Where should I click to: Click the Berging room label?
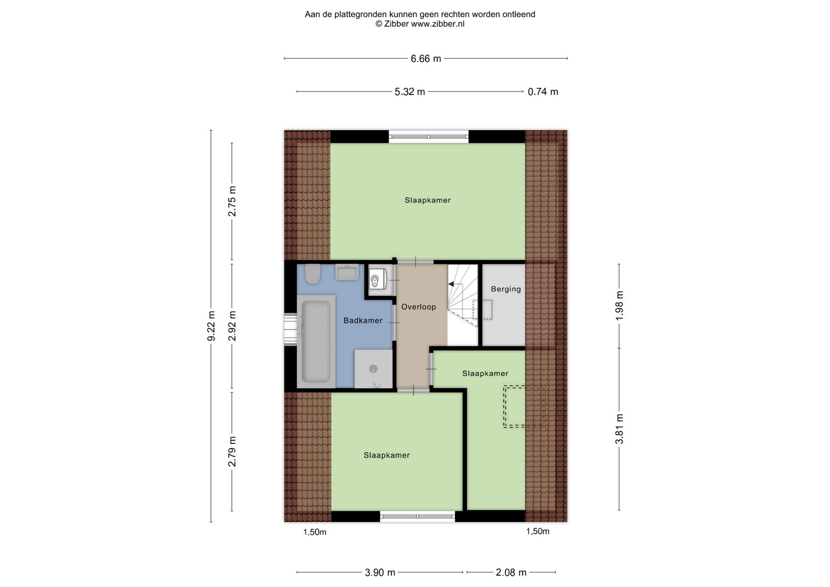(506, 289)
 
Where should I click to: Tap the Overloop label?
(418, 307)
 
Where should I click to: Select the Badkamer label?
(363, 320)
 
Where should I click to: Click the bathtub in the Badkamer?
(316, 341)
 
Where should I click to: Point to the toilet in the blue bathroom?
(313, 274)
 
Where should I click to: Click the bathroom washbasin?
(347, 272)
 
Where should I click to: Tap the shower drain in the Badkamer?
(373, 369)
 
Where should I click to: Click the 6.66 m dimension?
(426, 59)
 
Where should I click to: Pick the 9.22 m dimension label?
(211, 326)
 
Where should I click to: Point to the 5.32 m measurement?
(410, 92)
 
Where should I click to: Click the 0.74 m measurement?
(543, 92)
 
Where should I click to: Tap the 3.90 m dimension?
(380, 573)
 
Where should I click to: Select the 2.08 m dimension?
(511, 573)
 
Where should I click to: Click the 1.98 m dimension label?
(619, 306)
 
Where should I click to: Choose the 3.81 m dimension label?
(619, 429)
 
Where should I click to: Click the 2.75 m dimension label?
(232, 201)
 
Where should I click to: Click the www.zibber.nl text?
(437, 24)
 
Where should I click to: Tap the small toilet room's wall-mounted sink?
(377, 279)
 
